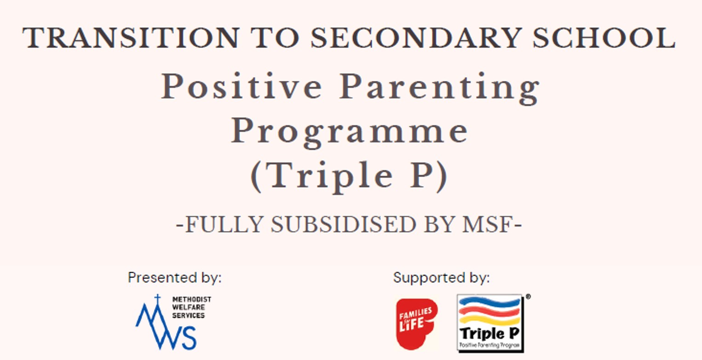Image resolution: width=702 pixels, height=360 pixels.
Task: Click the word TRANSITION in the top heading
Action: tap(131, 38)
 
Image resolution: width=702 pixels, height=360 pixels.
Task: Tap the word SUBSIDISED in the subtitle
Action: tap(343, 224)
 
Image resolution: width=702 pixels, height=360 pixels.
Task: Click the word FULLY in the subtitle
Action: tap(224, 224)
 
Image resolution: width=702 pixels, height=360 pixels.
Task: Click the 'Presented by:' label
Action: tap(174, 278)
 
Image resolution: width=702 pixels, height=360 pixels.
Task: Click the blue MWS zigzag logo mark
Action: tap(166, 326)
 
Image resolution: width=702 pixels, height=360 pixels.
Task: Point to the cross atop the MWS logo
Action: tap(158, 298)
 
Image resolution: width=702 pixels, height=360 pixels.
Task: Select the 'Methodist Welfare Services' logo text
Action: tap(191, 308)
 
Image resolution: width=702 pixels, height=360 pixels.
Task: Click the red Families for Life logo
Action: tap(416, 324)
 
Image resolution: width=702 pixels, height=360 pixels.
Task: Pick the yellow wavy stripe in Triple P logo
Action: tap(489, 320)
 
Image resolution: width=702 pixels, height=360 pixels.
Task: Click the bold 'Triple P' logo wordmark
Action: tap(489, 333)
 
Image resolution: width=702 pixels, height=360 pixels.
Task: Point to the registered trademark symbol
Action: tap(528, 297)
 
